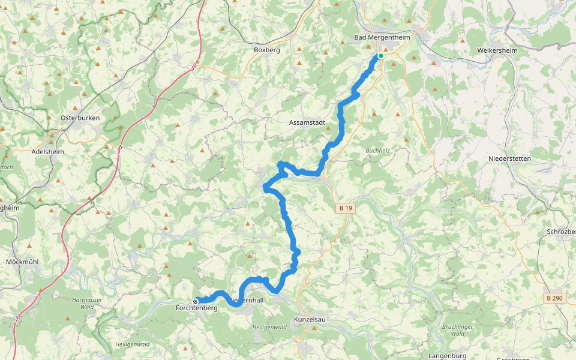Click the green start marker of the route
tap(380, 56)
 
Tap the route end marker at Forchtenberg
tap(195, 301)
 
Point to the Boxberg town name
tap(267, 50)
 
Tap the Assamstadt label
tap(307, 122)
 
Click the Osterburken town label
tap(80, 118)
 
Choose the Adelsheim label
tap(47, 152)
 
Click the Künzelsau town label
tap(310, 319)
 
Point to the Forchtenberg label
tap(196, 308)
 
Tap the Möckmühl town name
tap(22, 262)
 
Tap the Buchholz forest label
tap(378, 151)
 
